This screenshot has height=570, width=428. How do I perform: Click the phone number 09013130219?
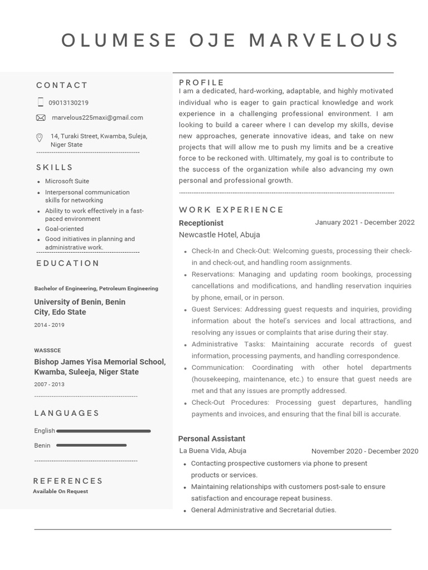click(68, 103)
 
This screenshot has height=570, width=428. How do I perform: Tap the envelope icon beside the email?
click(41, 117)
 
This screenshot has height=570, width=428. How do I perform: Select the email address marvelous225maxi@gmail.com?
click(97, 117)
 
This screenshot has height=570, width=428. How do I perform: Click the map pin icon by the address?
click(40, 137)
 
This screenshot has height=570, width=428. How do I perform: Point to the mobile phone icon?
click(41, 102)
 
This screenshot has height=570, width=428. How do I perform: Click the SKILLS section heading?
click(55, 168)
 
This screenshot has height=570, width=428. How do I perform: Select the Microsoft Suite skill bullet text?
click(67, 181)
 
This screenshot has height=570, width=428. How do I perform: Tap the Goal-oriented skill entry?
click(64, 229)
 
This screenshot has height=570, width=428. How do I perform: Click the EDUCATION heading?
click(68, 263)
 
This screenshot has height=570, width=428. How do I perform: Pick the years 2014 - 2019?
click(49, 325)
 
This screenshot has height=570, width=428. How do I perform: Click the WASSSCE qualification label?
click(47, 350)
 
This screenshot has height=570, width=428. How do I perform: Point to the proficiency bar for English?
click(104, 431)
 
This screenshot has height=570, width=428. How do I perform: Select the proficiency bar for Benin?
click(91, 445)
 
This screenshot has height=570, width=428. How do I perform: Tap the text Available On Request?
click(60, 492)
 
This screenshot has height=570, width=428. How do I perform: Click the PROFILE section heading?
click(202, 82)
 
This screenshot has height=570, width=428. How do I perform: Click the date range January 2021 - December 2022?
click(364, 223)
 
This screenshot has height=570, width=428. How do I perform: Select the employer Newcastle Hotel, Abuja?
click(219, 235)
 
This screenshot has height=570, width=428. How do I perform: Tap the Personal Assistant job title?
click(211, 439)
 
